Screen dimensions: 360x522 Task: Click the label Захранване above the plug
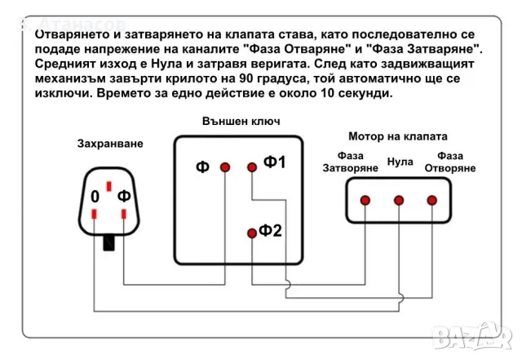pyautogui.click(x=109, y=144)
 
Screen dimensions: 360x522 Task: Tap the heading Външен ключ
pyautogui.click(x=241, y=121)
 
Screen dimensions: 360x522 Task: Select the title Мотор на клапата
pyautogui.click(x=397, y=136)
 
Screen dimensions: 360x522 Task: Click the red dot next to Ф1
pyautogui.click(x=252, y=167)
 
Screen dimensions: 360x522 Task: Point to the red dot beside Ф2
pyautogui.click(x=252, y=233)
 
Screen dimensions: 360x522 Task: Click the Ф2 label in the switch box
pyautogui.click(x=271, y=231)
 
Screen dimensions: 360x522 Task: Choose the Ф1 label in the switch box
pyautogui.click(x=275, y=162)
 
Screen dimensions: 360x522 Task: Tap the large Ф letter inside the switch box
pyautogui.click(x=202, y=167)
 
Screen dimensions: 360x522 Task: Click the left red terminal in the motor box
pyautogui.click(x=365, y=200)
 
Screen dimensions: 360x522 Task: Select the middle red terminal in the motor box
pyautogui.click(x=400, y=200)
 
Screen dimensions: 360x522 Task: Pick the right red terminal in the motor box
pyautogui.click(x=432, y=200)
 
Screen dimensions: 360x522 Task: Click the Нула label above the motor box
pyautogui.click(x=400, y=162)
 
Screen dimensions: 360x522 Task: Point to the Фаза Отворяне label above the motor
pyautogui.click(x=449, y=162)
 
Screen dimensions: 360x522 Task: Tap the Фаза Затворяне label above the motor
pyautogui.click(x=351, y=162)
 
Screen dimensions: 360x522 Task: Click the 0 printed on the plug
pyautogui.click(x=95, y=197)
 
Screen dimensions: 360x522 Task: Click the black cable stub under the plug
pyautogui.click(x=108, y=242)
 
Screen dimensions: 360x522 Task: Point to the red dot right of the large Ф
pyautogui.click(x=224, y=167)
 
